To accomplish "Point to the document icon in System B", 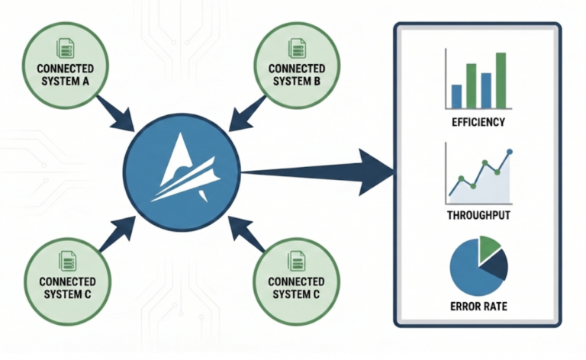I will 295,50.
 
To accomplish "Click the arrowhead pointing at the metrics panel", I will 378,170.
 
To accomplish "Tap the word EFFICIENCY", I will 478,122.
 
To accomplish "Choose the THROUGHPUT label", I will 478,216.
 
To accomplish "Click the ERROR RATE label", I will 478,307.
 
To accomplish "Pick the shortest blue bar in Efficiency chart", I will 456,95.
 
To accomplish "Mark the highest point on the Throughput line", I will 510,151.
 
